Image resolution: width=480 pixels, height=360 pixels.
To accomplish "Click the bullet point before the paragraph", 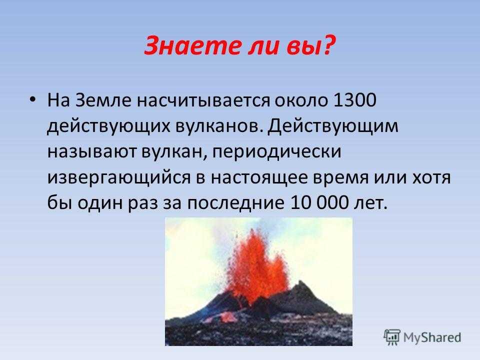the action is coord(32,99).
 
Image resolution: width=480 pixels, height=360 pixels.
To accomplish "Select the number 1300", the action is coord(354,100).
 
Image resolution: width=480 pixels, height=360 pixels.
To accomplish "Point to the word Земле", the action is coord(103,100).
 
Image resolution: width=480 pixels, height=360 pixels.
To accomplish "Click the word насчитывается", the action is coord(203,100).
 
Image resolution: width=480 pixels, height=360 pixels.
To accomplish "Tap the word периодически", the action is coord(276,152).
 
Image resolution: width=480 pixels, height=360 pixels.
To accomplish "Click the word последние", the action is coord(235,203).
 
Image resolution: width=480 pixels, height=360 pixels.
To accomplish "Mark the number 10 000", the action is coord(319,202).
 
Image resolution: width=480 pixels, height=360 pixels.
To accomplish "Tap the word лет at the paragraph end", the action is coord(370,203).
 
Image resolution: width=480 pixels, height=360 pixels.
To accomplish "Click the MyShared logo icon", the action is coord(392,337).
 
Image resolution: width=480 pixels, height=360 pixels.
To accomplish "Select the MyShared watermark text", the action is coord(432,337).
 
